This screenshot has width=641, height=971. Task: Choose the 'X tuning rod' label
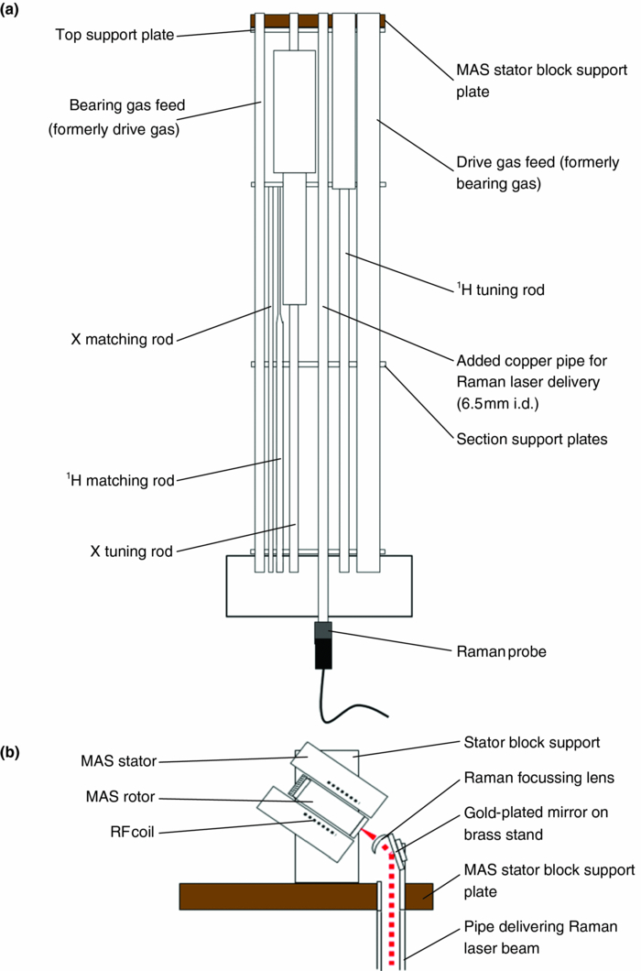130,551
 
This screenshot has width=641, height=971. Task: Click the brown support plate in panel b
275,896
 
